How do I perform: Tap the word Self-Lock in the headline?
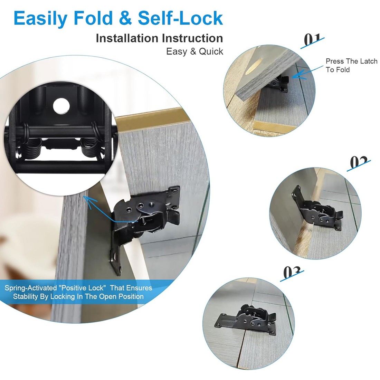click(x=180, y=18)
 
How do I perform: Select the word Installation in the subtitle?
click(x=127, y=38)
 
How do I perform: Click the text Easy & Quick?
click(x=194, y=51)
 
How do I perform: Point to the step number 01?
click(x=312, y=40)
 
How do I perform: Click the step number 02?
click(x=359, y=162)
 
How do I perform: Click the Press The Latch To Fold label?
click(x=351, y=65)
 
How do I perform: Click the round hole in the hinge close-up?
click(x=61, y=106)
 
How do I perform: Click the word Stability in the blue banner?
click(x=27, y=297)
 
